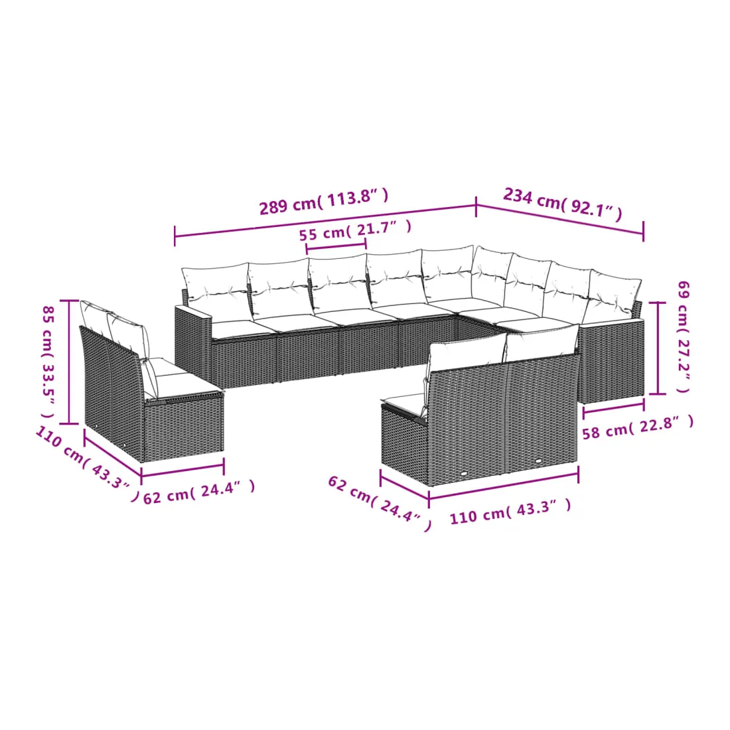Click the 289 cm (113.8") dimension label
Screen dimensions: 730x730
tap(324, 202)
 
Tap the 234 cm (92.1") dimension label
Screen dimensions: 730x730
tap(562, 204)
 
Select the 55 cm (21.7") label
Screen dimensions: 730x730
tap(355, 230)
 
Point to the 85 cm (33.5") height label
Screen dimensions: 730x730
tap(48, 362)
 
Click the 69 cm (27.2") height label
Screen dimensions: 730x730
tap(682, 336)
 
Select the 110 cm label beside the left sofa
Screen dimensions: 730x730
tap(87, 464)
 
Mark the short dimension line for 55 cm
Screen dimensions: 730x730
tap(336, 246)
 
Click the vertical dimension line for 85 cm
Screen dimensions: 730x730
tap(70, 362)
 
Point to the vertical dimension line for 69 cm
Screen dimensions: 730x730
tap(658, 348)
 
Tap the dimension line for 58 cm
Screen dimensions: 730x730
tap(614, 406)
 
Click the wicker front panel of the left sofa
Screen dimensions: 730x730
tap(184, 427)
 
